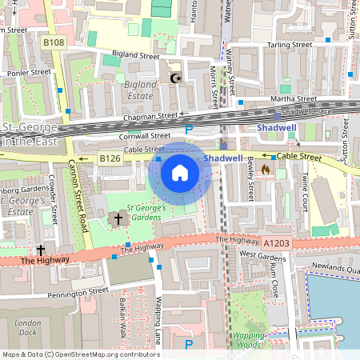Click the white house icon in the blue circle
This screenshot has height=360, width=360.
pos(180,172)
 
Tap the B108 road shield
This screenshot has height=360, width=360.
pos(54,42)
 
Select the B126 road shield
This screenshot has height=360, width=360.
pos(110,159)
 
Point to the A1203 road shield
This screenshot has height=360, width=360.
pos(274,242)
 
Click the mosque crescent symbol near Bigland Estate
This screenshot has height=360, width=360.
pos(176,78)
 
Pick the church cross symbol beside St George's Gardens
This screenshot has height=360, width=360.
pos(118,218)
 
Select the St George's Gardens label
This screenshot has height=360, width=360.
pos(149,212)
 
